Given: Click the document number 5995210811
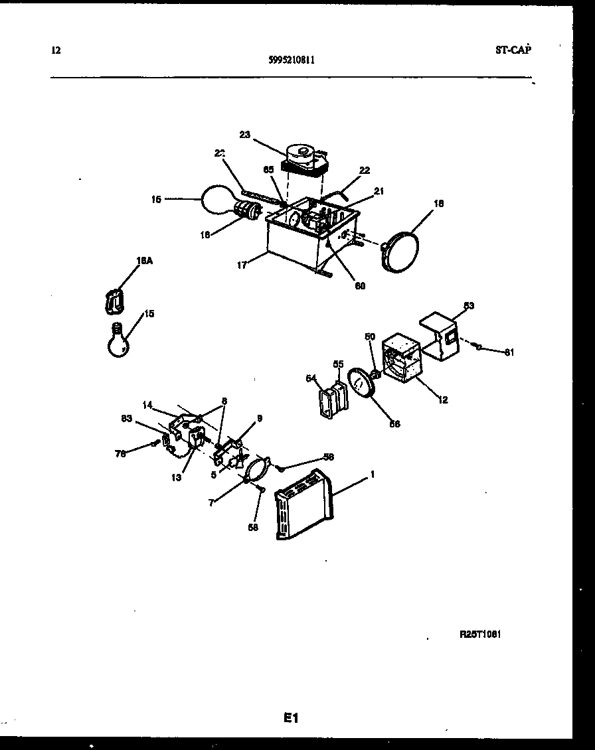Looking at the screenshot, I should (x=292, y=59).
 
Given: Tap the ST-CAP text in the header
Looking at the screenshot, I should (x=513, y=49).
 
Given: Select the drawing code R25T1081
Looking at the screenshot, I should (x=480, y=634).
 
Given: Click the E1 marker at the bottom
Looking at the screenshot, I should (x=292, y=717).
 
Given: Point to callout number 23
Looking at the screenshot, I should (x=244, y=135).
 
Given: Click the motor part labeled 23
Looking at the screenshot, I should (x=304, y=160).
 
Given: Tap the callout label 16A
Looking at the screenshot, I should (x=144, y=262).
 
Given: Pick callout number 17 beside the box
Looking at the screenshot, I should (x=244, y=265).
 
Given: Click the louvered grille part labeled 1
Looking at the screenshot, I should (x=303, y=504).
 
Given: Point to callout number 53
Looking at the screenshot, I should (x=469, y=305).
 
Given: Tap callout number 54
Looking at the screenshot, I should (x=310, y=378).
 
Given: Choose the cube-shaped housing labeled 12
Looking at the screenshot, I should (x=402, y=359).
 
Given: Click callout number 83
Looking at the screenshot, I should (x=127, y=418).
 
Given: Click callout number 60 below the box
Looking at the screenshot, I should (x=360, y=286).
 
